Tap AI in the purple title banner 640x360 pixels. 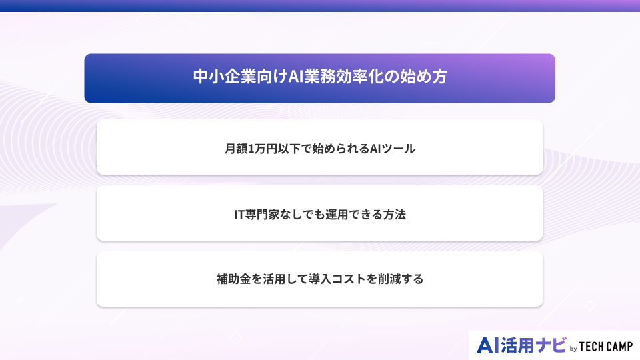(296, 76)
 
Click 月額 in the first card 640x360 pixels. (236, 149)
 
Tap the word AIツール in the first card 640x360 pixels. (393, 149)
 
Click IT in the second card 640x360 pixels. (239, 214)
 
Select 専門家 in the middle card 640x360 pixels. (262, 214)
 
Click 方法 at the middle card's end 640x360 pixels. (394, 214)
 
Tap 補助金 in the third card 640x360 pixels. (234, 279)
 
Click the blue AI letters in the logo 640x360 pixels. (488, 346)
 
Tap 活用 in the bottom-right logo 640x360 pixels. (517, 346)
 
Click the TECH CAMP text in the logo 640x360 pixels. (606, 347)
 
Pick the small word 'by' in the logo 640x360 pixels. (573, 349)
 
